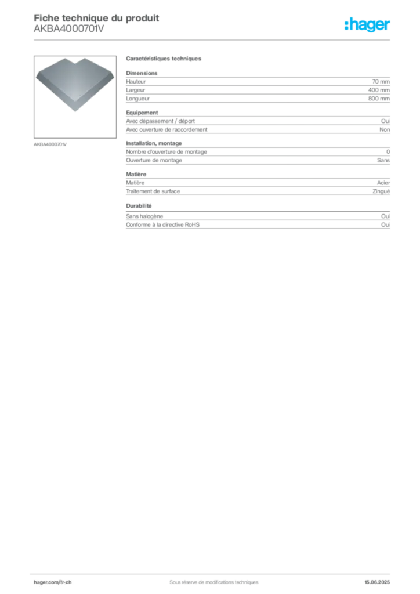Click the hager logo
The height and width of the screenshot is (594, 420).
tap(367, 24)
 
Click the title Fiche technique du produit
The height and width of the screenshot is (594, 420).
tap(96, 18)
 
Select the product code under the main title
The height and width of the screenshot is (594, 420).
tap(68, 29)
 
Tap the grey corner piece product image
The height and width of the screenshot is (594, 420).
tap(75, 84)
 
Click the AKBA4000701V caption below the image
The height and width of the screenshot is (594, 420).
tap(50, 144)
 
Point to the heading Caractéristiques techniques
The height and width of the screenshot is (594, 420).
tap(164, 59)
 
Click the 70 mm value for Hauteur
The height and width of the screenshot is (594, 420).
tap(381, 81)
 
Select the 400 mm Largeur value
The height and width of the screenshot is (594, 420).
tap(379, 90)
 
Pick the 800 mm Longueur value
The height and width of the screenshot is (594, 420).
tap(379, 99)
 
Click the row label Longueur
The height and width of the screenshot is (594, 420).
tap(137, 99)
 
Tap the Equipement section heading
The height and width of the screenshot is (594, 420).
tap(142, 113)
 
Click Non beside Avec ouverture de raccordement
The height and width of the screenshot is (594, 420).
tap(385, 129)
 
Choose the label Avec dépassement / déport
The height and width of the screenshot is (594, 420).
tap(160, 121)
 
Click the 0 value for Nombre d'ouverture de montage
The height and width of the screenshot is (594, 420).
tap(388, 151)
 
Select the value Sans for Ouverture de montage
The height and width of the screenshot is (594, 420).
tap(383, 160)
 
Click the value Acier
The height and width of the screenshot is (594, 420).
tap(383, 183)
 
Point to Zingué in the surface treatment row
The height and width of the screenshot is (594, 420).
tap(381, 191)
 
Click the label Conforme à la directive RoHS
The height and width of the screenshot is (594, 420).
tap(162, 224)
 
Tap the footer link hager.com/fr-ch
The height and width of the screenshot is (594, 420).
tap(53, 582)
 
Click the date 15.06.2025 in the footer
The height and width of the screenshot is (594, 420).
tap(377, 582)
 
